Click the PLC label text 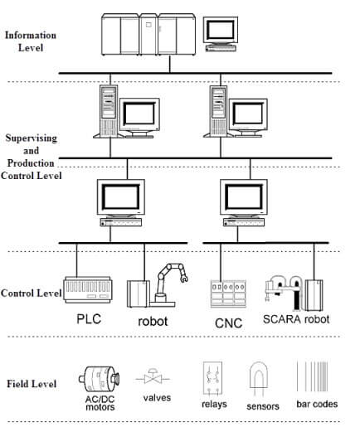tap(89, 319)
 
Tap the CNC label tap(228, 323)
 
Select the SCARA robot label tap(296, 319)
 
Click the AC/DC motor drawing tap(99, 379)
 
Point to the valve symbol tap(153, 377)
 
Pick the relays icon tap(212, 378)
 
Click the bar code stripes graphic tap(313, 376)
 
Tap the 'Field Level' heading tap(32, 384)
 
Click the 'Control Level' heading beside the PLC tap(31, 293)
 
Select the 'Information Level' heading tap(31, 41)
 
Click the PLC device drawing tap(88, 289)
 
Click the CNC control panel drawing tap(228, 294)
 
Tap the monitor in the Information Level tap(221, 34)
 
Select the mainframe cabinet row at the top tap(148, 35)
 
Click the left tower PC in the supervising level tap(109, 111)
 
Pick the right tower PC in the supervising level tap(218, 112)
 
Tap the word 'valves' tap(157, 398)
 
